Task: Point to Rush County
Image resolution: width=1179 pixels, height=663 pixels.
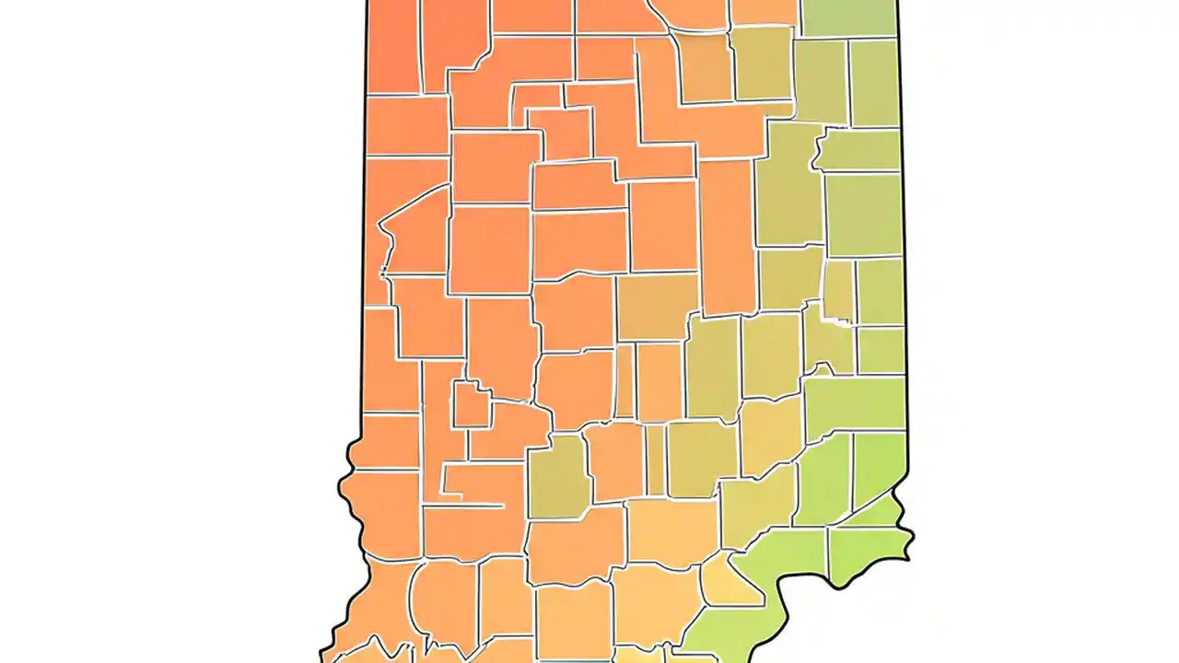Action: [771, 355]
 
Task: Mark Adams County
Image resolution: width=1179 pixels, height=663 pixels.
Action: [873, 84]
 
